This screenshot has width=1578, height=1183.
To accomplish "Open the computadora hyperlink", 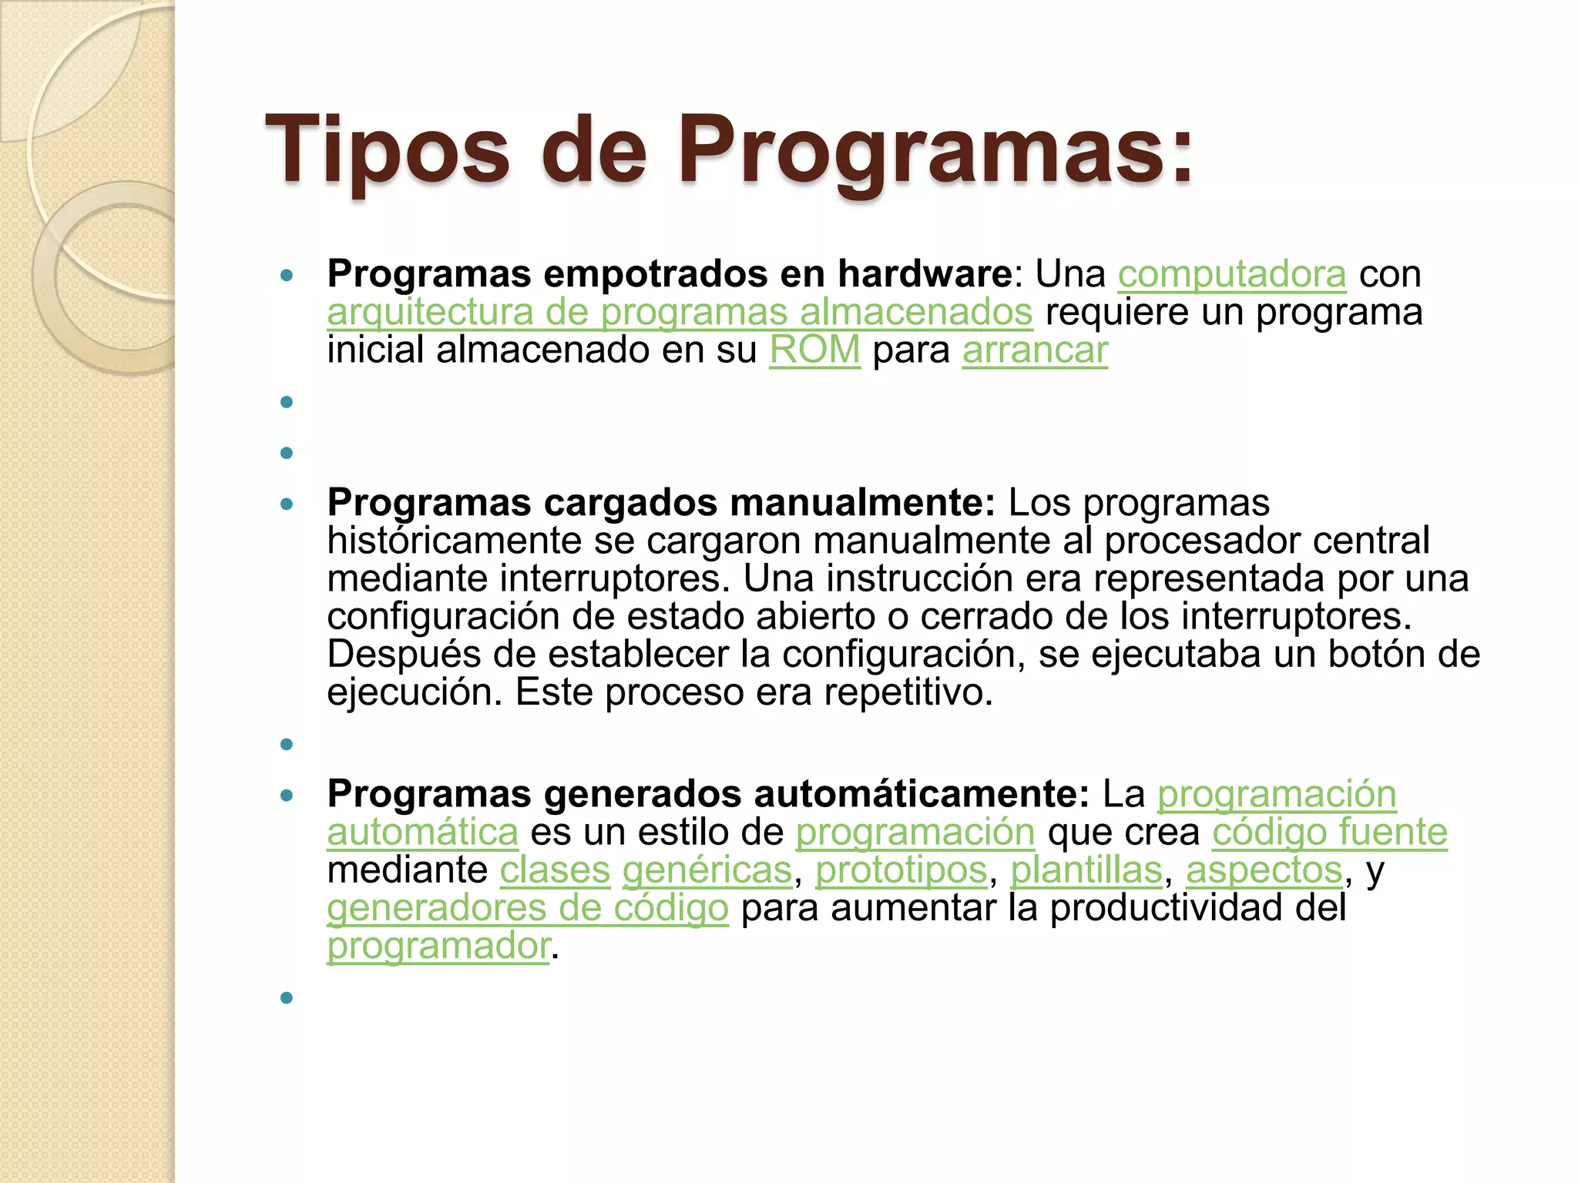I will (1231, 274).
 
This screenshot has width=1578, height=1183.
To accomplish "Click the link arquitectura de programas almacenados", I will (680, 312).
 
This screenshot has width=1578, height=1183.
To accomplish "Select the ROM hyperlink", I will (814, 350).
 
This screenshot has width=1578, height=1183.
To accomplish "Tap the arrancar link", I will (1034, 350).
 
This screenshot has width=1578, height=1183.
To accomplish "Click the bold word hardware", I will (925, 274).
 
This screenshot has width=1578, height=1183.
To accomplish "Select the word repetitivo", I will (908, 692).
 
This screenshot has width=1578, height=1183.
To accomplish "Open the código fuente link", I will (1329, 833).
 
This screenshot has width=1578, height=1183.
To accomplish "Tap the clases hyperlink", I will (555, 870).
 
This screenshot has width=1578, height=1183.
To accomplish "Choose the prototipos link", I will (901, 870).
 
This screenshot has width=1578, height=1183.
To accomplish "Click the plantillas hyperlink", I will (1086, 870).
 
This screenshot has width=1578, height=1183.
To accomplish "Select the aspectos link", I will (1264, 870).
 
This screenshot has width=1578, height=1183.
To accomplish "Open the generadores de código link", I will (527, 908).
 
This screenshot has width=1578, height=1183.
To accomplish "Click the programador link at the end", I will (438, 946).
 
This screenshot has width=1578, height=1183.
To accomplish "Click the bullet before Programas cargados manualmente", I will (287, 504).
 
